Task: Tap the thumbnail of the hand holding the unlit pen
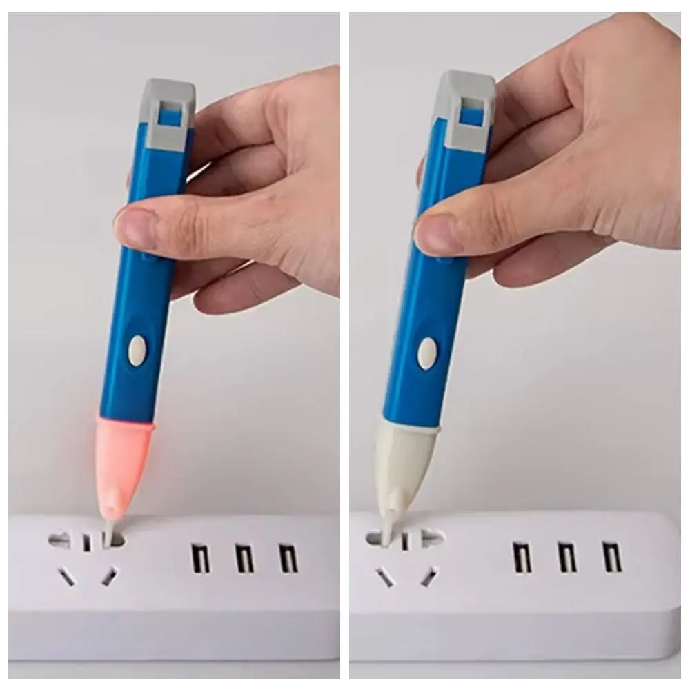pyautogui.click(x=432, y=233)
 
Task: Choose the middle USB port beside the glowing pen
pyautogui.click(x=244, y=558)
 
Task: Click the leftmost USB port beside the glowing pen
pyautogui.click(x=200, y=558)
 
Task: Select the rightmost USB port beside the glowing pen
pyautogui.click(x=288, y=558)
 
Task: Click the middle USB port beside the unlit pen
pyautogui.click(x=566, y=556)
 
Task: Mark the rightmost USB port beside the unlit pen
pyautogui.click(x=611, y=556)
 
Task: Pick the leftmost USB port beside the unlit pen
pyautogui.click(x=522, y=556)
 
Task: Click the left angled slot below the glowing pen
pyautogui.click(x=67, y=575)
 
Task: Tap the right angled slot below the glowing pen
pyautogui.click(x=109, y=575)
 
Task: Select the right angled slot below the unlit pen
pyautogui.click(x=430, y=573)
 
